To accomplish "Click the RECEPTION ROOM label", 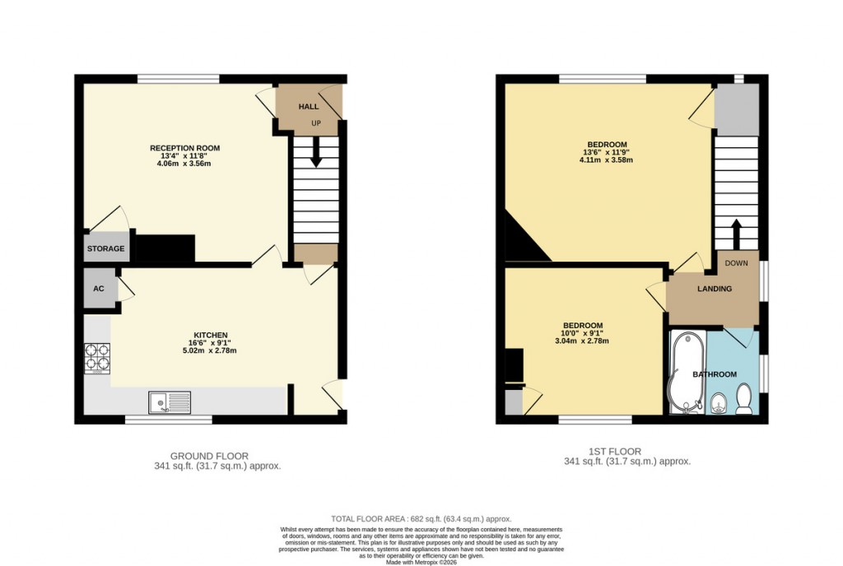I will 184,148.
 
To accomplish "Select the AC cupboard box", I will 99,289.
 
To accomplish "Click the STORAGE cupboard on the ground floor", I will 106,248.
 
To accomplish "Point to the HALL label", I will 308,107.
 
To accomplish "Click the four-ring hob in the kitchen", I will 97,358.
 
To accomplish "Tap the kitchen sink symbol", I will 169,402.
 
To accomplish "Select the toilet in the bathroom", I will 743,401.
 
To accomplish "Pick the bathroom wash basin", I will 717,402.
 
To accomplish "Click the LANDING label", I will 715,289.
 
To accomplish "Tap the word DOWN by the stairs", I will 737,264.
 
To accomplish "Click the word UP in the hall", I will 315,123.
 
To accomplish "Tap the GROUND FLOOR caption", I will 209,456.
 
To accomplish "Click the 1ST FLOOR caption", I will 615,452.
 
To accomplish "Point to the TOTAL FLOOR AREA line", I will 421,519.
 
